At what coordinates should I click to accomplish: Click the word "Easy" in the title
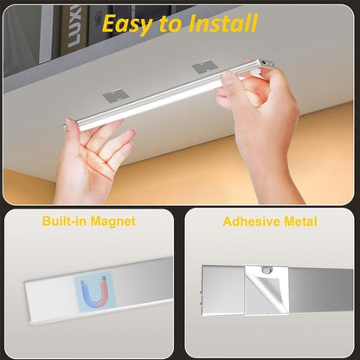(128, 23)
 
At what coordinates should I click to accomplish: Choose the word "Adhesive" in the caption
(252, 222)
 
